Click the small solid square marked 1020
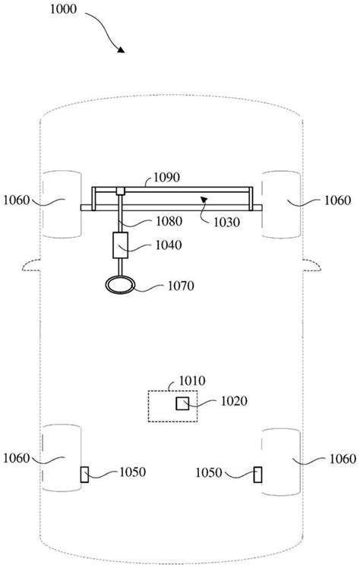(183, 402)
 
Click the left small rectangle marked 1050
(84, 475)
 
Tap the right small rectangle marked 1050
(258, 474)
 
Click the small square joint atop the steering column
(122, 191)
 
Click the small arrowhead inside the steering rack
(204, 199)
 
